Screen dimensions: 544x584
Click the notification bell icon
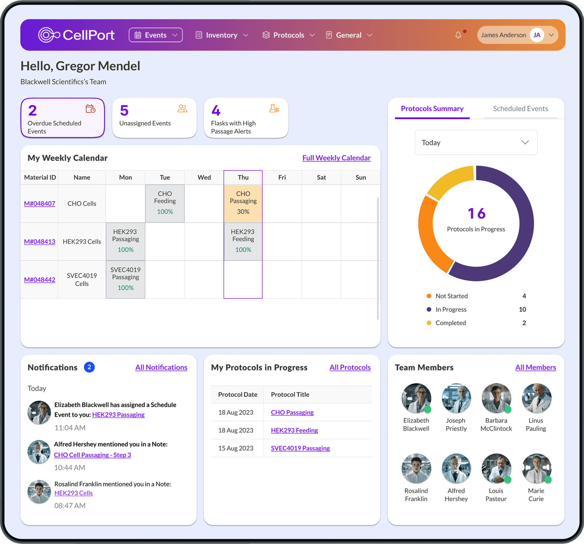coord(458,35)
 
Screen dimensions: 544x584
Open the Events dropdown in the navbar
coord(155,35)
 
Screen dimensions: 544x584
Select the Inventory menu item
coord(222,35)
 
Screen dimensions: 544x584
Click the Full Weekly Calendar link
coord(336,158)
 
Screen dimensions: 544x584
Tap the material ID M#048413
coord(39,241)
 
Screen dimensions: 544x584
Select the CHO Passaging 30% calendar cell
coord(243,203)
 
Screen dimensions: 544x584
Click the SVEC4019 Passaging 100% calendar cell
coord(126,279)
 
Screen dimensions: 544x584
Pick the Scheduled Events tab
coord(520,109)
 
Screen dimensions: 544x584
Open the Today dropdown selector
coord(476,142)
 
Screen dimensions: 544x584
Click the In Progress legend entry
coord(451,310)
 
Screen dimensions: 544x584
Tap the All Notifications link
coord(161,367)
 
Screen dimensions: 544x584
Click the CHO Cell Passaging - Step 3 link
coord(92,455)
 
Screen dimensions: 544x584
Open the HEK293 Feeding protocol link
coord(294,430)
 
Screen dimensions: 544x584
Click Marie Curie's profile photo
coord(536,468)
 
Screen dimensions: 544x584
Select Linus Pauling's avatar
coord(536,398)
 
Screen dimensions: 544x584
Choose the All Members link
coord(535,367)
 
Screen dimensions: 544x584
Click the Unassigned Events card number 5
coord(124,111)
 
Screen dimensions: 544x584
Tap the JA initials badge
coord(537,35)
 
